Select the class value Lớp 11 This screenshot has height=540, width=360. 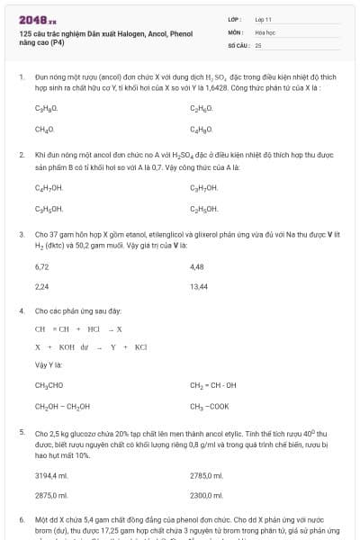pos(264,18)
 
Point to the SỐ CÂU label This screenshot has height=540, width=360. pos(238,44)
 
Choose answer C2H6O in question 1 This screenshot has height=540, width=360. pos(201,108)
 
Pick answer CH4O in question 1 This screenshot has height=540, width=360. pos(44,129)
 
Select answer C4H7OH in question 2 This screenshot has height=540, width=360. pos(49,187)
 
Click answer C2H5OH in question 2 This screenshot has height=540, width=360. pos(204,208)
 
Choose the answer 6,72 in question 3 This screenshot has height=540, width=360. pos(41,266)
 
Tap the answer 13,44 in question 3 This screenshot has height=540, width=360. pos(199,287)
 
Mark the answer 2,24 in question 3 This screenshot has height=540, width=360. pos(41,287)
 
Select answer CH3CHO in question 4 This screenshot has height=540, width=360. pos(49,385)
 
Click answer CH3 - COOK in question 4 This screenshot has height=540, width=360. pos(209,406)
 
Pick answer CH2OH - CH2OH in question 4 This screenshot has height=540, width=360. pos(62,406)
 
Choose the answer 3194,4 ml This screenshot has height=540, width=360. pos(51,474)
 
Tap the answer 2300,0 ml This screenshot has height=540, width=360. pos(206,495)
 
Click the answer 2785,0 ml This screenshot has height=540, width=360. pos(206,474)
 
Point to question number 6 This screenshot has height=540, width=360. pos(21,520)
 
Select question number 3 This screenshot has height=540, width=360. pos(21,235)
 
